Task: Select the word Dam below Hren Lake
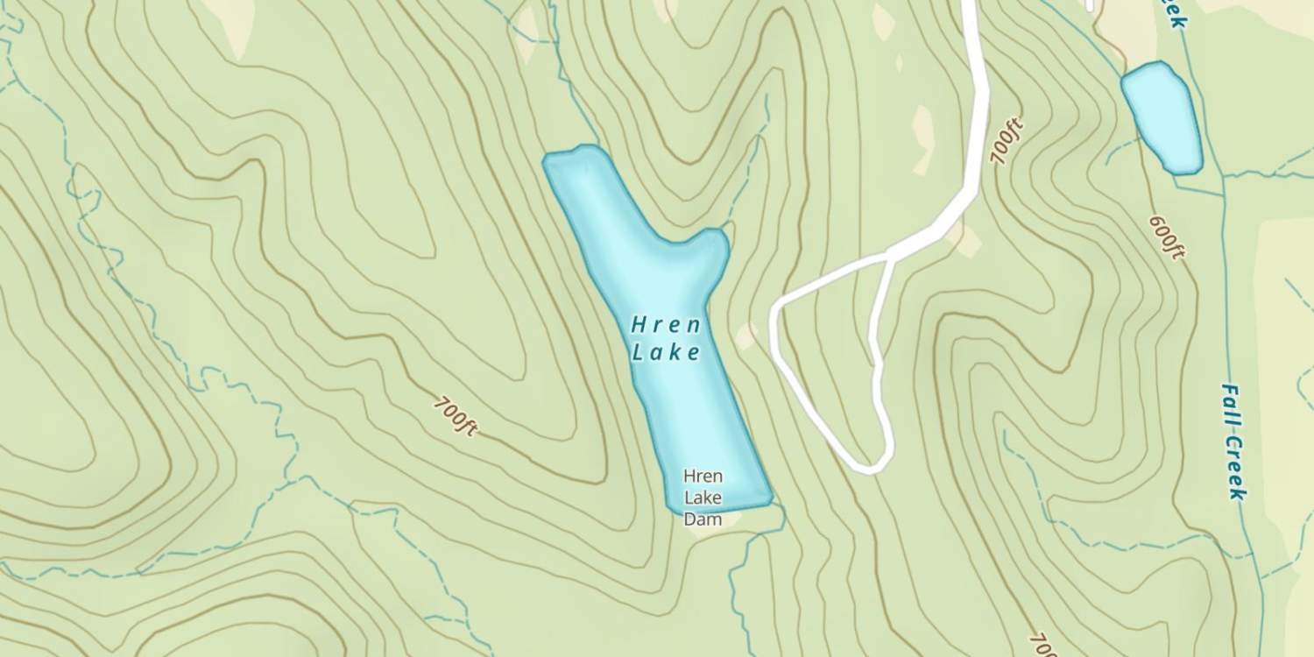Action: pos(703,519)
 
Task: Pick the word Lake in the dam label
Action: pos(703,498)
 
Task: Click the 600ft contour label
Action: pos(1167,237)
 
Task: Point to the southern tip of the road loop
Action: pos(872,467)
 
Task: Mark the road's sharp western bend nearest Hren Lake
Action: pos(775,309)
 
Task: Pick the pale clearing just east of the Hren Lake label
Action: pos(745,336)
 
